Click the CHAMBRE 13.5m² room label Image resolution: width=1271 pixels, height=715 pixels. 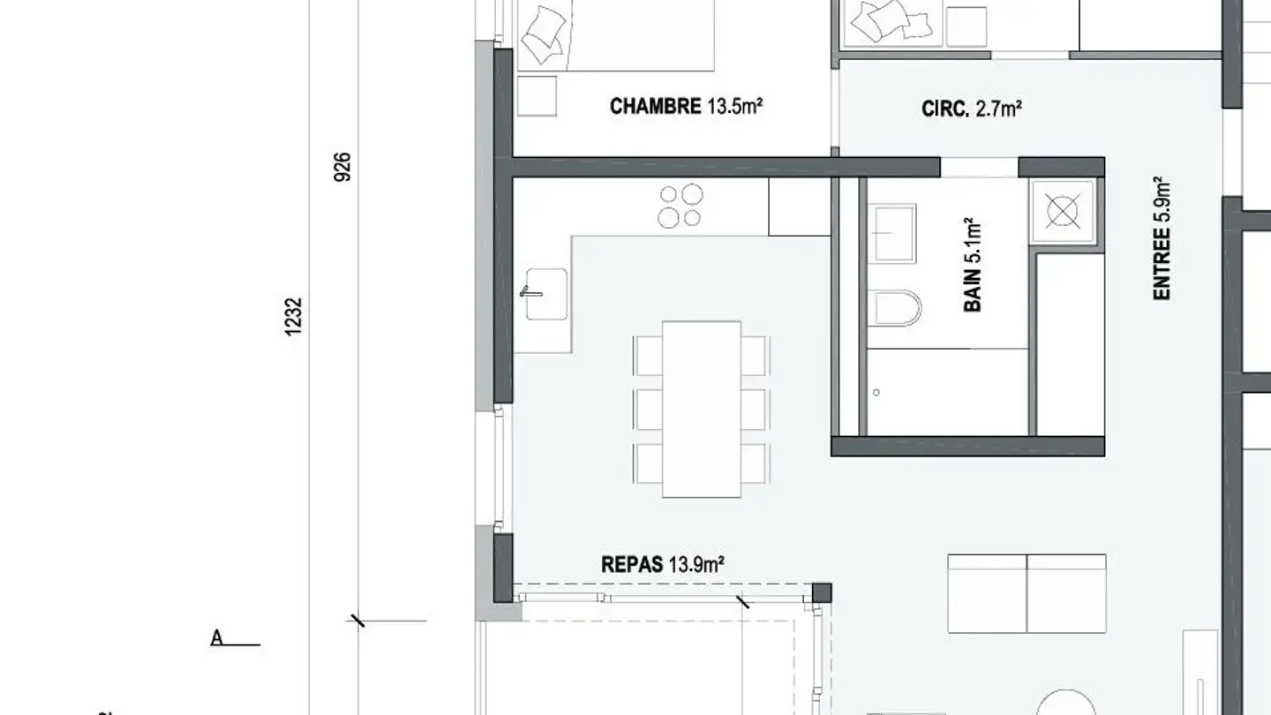point(686,106)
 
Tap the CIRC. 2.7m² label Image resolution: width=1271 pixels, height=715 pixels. point(972,109)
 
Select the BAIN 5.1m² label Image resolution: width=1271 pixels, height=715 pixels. point(973,265)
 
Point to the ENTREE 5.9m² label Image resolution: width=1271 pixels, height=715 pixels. point(1162,238)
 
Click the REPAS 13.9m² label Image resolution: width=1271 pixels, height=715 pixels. point(662,564)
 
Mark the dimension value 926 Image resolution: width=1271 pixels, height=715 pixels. point(342,167)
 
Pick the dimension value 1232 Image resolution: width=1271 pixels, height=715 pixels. point(293,317)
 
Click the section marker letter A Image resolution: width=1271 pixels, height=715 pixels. point(217,638)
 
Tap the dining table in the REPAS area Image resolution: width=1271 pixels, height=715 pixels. point(702,410)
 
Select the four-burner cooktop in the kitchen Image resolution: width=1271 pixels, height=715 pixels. point(681,206)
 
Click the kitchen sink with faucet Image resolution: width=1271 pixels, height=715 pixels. point(545,294)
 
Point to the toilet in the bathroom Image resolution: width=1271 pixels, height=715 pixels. point(896,309)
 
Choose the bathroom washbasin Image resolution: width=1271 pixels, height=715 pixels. point(893,233)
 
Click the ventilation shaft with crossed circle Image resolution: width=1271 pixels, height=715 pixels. point(1062,212)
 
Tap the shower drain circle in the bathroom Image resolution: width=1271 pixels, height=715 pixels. point(876,393)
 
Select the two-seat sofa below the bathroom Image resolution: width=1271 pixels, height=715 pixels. point(1027,593)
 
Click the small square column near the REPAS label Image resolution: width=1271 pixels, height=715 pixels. point(822,593)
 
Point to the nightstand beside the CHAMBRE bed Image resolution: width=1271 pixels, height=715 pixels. point(537,96)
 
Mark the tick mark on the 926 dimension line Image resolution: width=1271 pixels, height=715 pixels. point(358,621)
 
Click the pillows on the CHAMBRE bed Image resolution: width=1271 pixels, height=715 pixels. point(544,34)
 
